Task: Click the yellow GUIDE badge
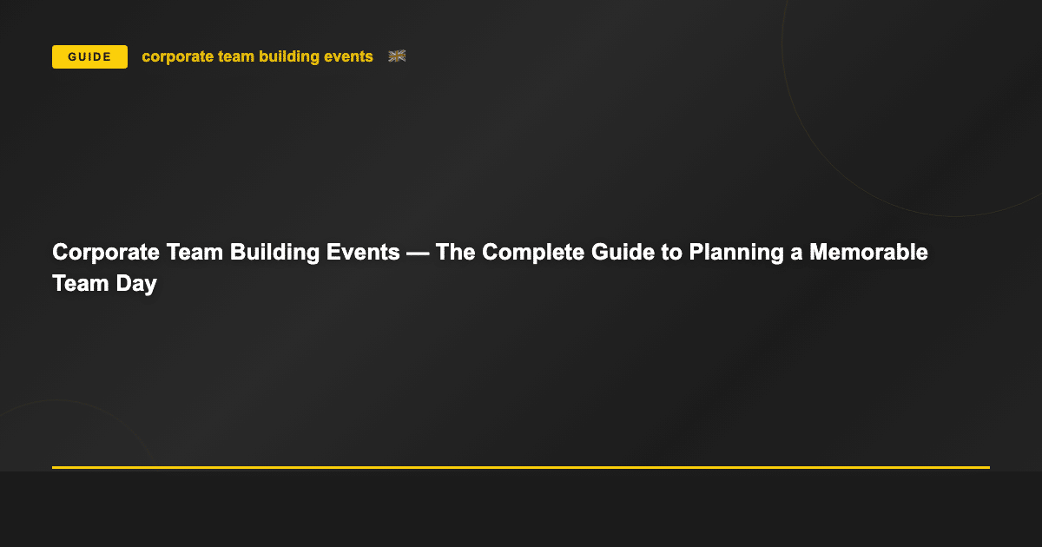click(x=89, y=57)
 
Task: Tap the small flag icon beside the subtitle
click(x=397, y=56)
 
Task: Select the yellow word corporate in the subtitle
click(x=175, y=57)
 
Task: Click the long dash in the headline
click(x=419, y=253)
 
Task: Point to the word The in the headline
click(x=455, y=253)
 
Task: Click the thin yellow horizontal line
click(x=521, y=467)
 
